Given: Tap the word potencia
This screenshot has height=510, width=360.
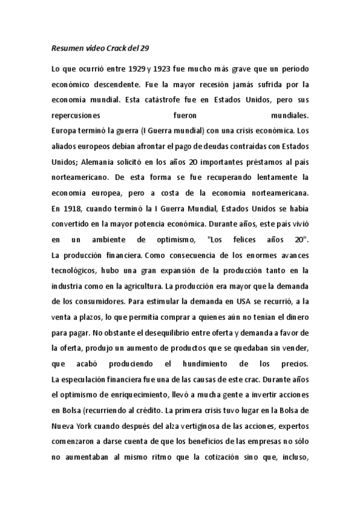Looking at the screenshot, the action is [160, 224].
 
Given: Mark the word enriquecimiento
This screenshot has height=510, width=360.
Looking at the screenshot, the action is [138, 395].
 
